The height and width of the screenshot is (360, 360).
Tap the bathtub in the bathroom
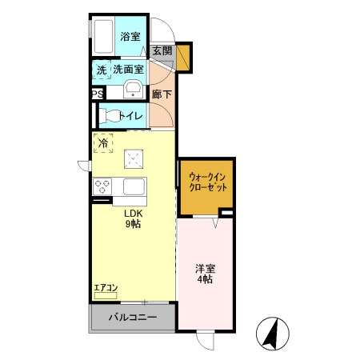[x=103, y=36]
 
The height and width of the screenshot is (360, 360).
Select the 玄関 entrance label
[x=162, y=50]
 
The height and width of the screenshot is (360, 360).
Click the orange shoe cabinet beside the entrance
[x=183, y=58]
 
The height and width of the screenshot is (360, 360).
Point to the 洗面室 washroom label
[x=127, y=70]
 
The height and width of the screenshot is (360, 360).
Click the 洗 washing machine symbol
[x=102, y=70]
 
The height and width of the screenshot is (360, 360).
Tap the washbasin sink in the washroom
[x=134, y=89]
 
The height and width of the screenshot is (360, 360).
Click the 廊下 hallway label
[x=161, y=94]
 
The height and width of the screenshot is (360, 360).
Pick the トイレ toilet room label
[x=131, y=115]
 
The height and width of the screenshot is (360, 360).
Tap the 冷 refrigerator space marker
[x=102, y=144]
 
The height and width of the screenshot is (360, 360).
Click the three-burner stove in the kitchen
[x=103, y=187]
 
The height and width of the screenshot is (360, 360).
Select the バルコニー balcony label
[x=132, y=318]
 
